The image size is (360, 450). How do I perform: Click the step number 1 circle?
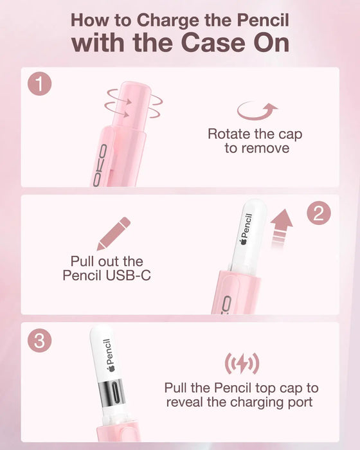[40, 84]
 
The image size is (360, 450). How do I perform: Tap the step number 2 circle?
[319, 213]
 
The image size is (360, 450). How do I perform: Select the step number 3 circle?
[40, 341]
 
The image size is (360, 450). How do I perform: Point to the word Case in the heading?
[212, 43]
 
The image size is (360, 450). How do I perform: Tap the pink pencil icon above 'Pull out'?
[114, 233]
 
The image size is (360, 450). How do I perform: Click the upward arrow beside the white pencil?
[282, 228]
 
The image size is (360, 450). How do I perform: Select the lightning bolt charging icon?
[242, 364]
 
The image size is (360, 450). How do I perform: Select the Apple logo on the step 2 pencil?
[244, 241]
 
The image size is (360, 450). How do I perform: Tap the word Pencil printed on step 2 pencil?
[248, 225]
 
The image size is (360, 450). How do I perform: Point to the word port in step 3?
[300, 402]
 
